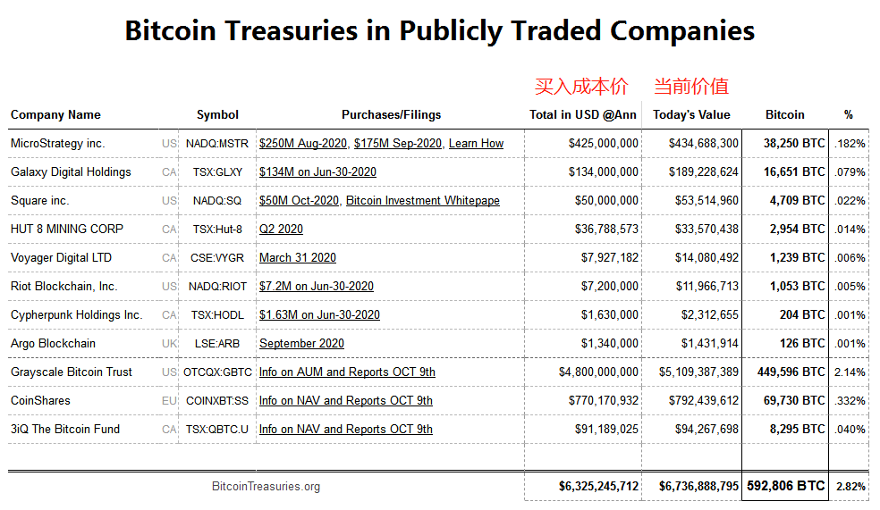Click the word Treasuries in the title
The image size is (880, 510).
click(292, 30)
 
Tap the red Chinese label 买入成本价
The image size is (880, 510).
click(581, 87)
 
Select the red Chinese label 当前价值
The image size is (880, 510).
click(691, 87)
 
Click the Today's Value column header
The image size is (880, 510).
click(691, 115)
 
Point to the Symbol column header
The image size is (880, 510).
click(217, 115)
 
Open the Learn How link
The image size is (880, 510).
click(476, 144)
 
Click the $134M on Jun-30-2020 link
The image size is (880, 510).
click(317, 172)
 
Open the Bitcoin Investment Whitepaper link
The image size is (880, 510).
click(423, 201)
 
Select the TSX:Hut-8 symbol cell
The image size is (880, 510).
click(217, 230)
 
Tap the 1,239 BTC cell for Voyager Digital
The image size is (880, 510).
click(798, 258)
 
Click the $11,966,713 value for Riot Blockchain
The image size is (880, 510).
click(707, 287)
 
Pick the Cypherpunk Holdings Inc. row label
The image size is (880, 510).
click(76, 315)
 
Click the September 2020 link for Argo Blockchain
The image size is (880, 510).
click(301, 344)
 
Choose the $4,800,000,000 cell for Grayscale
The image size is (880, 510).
click(598, 372)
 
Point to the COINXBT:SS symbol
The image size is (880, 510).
click(217, 401)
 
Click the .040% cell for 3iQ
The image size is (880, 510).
click(850, 430)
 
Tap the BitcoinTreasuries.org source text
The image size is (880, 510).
click(266, 487)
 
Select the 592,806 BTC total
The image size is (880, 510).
click(786, 486)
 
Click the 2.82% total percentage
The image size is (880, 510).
click(850, 487)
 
